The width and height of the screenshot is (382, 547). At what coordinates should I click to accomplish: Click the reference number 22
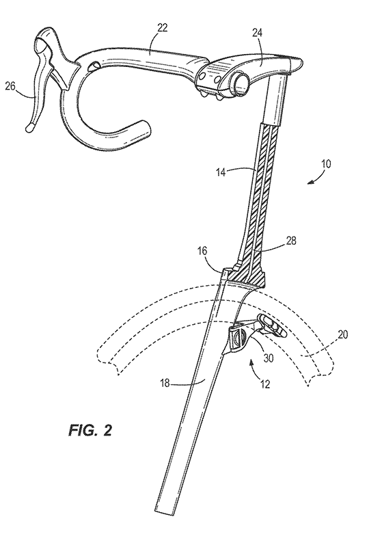coord(161,28)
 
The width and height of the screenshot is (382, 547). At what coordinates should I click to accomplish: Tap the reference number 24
coord(258,33)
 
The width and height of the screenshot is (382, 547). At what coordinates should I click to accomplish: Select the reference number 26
coord(10,86)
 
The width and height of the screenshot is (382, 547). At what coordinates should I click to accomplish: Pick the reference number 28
coord(290,241)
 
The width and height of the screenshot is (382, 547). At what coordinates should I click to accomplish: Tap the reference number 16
coord(202,251)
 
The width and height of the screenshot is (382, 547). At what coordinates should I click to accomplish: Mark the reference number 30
coord(268,358)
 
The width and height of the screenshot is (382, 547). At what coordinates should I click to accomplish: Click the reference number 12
coord(265,384)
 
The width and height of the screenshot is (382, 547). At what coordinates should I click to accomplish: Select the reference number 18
coord(165,384)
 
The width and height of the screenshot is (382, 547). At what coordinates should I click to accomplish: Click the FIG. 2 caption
coord(90,430)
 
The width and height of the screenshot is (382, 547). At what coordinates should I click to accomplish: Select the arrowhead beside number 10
coord(310,181)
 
